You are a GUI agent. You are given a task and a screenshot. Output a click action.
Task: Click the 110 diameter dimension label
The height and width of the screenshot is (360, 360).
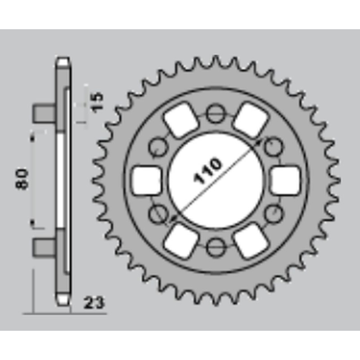point(208,171)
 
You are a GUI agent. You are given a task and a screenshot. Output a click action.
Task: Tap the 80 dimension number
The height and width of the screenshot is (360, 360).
point(23,179)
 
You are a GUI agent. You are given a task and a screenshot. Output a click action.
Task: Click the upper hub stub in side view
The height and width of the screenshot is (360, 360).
point(45,113)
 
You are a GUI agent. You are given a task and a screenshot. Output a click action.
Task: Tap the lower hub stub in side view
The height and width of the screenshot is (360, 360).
point(45,246)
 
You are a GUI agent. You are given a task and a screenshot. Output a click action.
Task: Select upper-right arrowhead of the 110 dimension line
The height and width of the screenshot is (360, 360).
point(259,141)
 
